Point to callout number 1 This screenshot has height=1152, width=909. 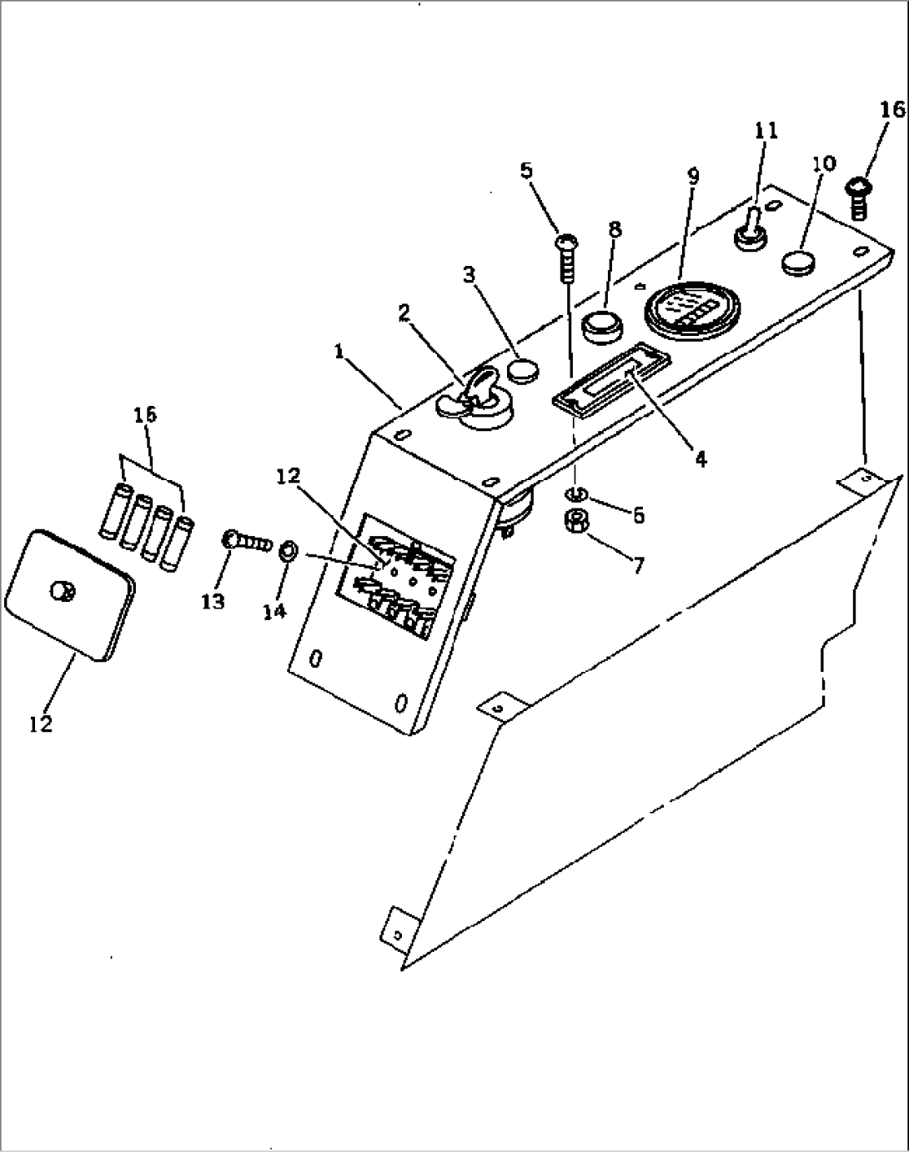click(339, 352)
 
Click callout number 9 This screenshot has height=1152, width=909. click(693, 176)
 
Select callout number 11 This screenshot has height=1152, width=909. click(766, 130)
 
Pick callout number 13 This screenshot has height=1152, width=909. click(213, 602)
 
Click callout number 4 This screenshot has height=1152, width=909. click(701, 458)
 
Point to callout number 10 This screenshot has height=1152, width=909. click(823, 163)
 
